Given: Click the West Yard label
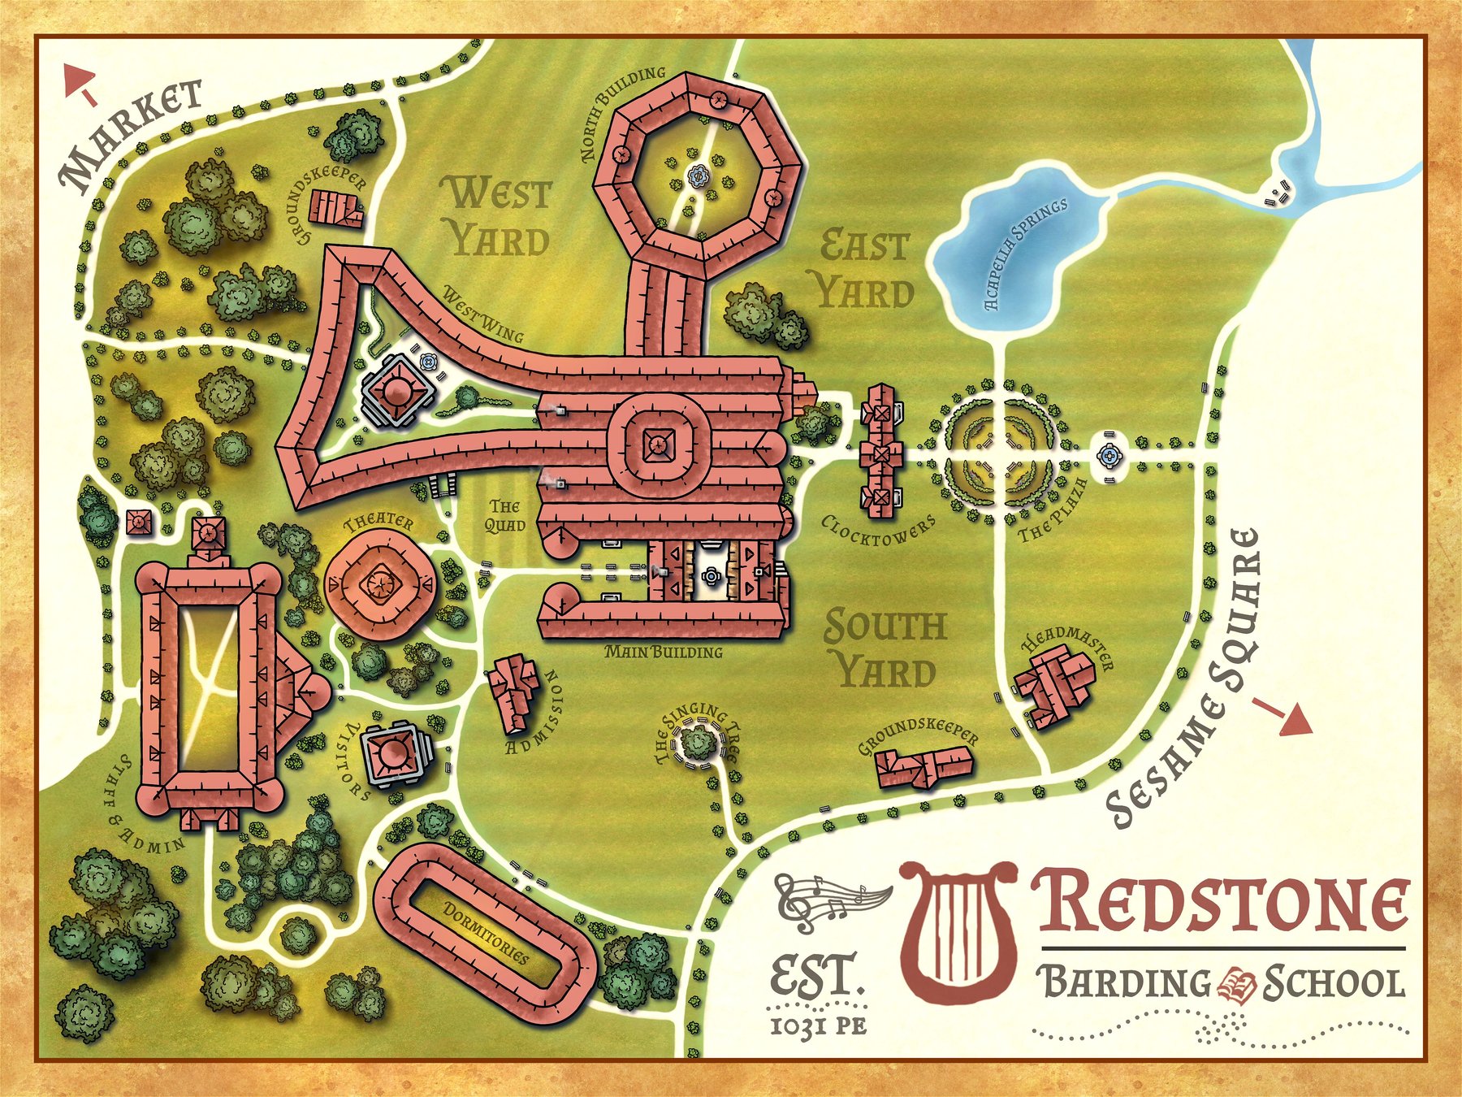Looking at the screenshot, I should [498, 217].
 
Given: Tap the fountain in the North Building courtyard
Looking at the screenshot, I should [698, 175].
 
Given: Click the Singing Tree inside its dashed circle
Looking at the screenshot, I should [697, 742].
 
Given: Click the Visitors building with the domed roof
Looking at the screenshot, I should [395, 753].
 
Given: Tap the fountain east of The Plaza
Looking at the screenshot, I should [1108, 457].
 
